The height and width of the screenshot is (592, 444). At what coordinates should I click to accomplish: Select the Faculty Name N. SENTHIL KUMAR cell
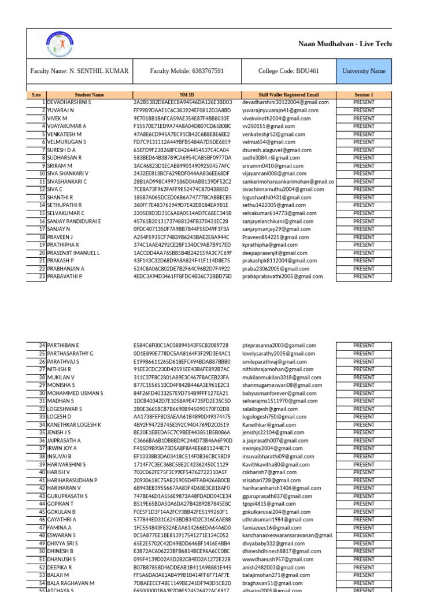(x=80, y=71)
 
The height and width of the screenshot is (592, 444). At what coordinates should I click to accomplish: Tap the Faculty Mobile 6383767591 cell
(x=187, y=71)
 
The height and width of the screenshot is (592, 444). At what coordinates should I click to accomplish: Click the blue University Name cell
(x=364, y=71)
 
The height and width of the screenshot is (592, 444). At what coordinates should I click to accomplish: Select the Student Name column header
(x=89, y=94)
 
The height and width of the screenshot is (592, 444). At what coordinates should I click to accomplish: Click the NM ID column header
(x=187, y=94)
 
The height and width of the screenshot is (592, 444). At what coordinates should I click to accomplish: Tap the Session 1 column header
(x=364, y=94)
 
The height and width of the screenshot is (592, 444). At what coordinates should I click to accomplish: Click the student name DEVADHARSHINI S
(x=69, y=102)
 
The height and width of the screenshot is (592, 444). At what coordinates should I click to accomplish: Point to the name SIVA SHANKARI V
(x=68, y=173)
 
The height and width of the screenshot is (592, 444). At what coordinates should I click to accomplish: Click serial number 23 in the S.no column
(x=42, y=276)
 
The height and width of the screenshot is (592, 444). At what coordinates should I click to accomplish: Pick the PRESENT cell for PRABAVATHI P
(x=364, y=276)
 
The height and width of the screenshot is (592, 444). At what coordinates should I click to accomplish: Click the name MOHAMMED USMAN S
(x=75, y=393)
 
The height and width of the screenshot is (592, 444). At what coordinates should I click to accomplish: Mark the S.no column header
(x=36, y=94)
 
